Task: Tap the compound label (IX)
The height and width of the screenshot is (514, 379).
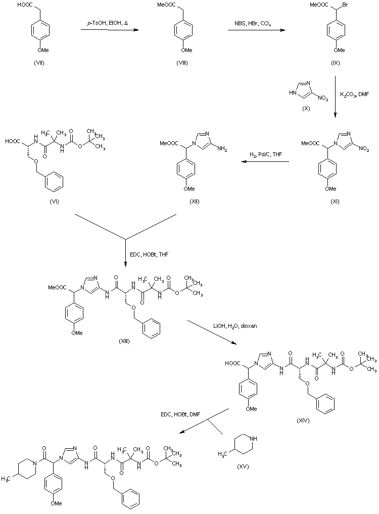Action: pyautogui.click(x=336, y=63)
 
